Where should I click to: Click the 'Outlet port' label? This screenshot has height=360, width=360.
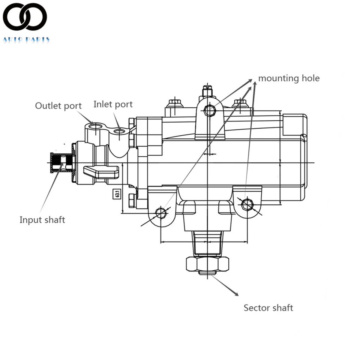(58, 106)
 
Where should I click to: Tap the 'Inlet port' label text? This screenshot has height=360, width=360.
(113, 104)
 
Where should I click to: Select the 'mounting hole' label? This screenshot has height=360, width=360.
(289, 78)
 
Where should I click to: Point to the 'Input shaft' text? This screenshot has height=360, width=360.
(42, 220)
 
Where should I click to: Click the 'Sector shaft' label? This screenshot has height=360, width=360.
(268, 308)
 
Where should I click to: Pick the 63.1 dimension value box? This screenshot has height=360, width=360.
(117, 194)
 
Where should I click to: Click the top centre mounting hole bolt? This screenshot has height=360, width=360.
(209, 110)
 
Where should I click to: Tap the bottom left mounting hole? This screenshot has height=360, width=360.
(161, 213)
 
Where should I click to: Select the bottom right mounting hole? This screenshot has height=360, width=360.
(247, 204)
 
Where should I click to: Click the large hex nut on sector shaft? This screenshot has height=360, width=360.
(207, 264)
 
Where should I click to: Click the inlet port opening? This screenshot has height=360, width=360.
(120, 131)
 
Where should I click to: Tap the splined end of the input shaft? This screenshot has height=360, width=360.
(57, 162)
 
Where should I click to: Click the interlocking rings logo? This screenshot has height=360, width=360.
(25, 17)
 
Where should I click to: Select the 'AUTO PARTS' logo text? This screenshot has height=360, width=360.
(26, 39)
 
